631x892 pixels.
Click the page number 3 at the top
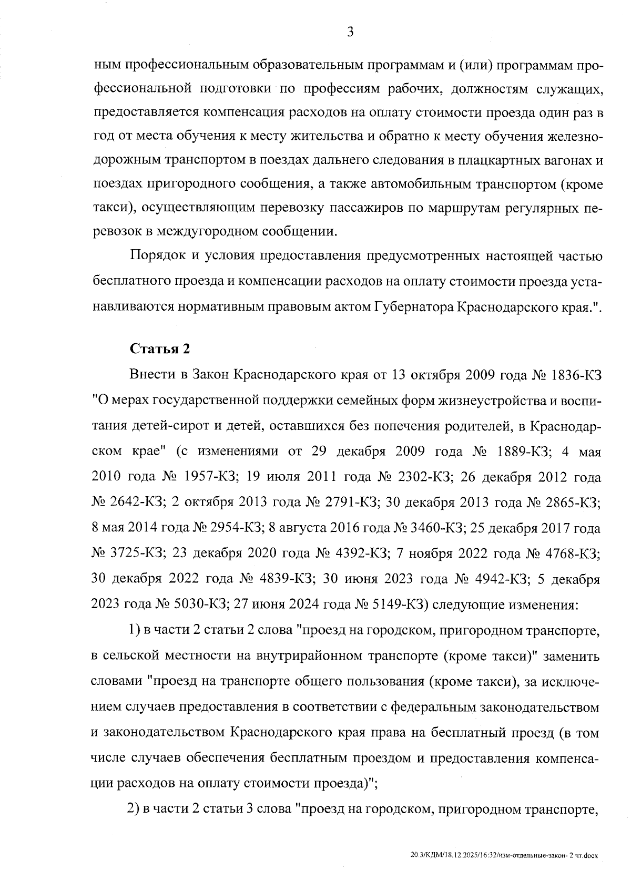[350, 33]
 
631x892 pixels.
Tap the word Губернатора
[413, 307]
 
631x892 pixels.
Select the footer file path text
[504, 856]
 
